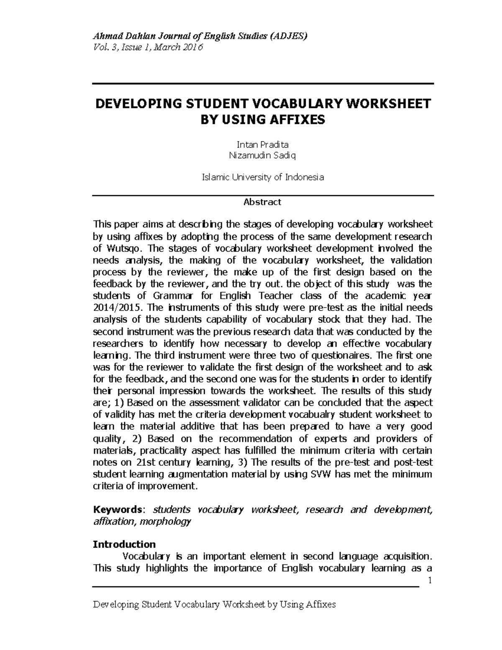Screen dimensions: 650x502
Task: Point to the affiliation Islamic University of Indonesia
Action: pos(263,177)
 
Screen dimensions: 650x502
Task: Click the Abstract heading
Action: pos(262,202)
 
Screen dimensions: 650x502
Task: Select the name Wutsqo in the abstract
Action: pos(120,248)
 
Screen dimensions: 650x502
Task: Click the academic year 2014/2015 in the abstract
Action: pos(118,308)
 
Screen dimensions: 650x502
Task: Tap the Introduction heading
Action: pos(124,545)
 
